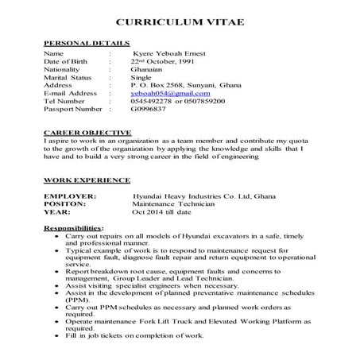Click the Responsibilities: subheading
pyautogui.click(x=73, y=228)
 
